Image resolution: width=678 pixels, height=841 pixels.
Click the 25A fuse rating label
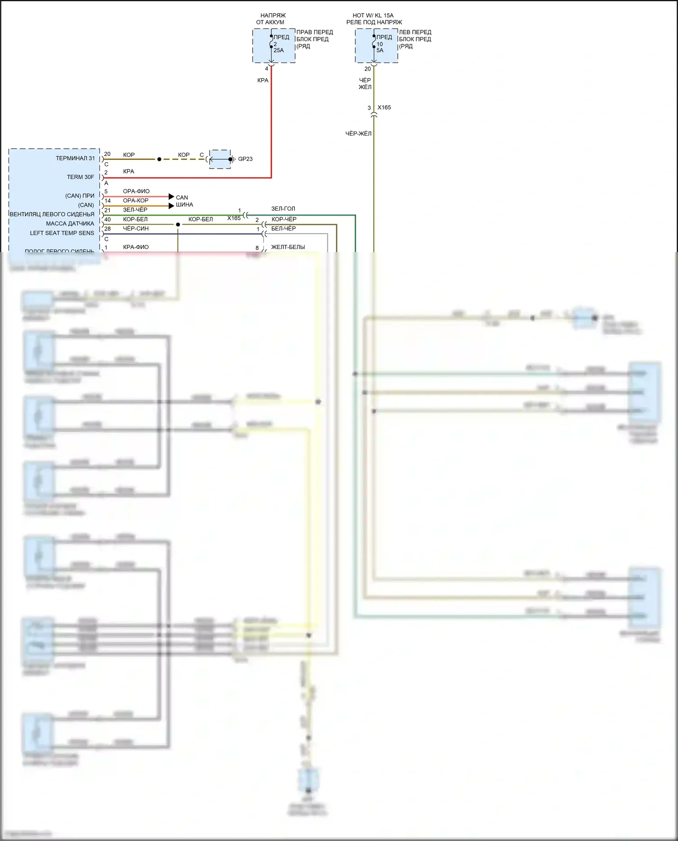pos(278,50)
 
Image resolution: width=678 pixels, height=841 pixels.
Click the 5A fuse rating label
pos(380,50)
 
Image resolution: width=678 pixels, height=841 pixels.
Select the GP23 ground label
pos(245,159)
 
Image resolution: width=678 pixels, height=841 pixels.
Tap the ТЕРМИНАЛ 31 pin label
pos(75,158)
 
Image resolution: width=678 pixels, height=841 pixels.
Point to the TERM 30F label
pos(80,177)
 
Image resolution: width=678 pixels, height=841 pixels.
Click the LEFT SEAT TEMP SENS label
pos(62,233)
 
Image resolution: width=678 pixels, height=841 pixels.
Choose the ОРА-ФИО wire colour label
pos(136,191)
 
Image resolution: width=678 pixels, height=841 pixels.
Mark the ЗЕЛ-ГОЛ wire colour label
pos(283,209)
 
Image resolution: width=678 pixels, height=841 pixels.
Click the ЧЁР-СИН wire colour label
pos(136,229)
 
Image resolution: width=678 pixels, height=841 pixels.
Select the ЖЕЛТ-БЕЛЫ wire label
pos(288,247)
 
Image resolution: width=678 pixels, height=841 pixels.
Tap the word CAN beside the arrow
pos(182,197)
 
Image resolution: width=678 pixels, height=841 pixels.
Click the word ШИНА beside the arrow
pos(184,205)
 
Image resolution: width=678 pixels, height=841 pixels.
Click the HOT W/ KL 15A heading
pos(373,15)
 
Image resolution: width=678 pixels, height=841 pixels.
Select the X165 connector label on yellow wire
pos(384,108)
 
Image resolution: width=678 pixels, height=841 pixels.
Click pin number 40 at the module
pos(108,220)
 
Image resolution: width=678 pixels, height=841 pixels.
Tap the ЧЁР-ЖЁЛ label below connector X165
pos(358,134)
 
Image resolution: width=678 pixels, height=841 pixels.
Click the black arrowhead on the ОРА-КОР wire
pos(171,206)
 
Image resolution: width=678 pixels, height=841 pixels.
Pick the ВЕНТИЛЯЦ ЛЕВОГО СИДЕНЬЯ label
pos(52,214)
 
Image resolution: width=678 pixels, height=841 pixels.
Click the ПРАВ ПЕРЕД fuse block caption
pos(315,32)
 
